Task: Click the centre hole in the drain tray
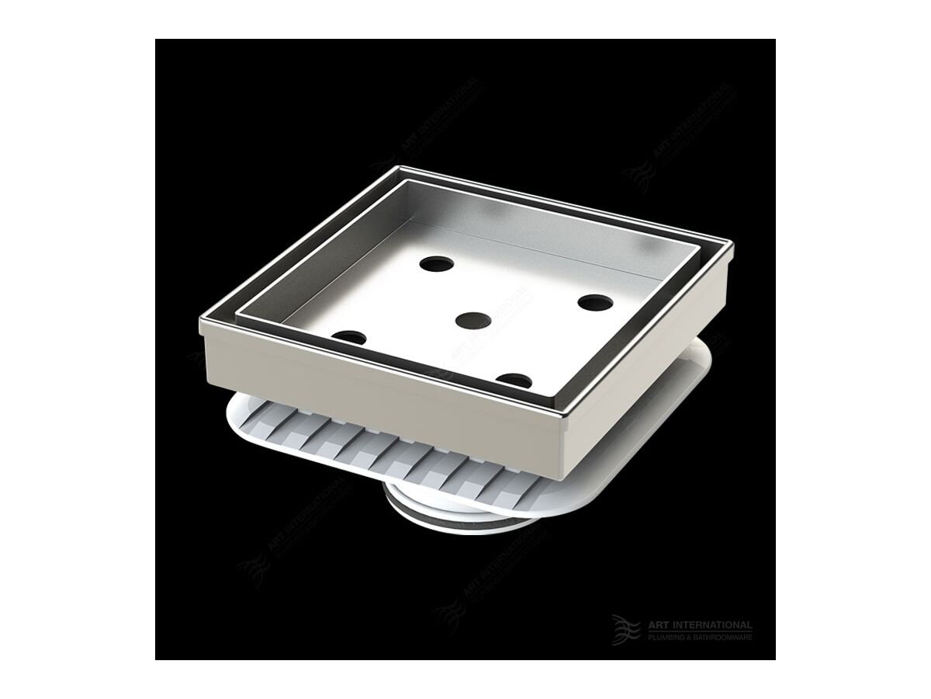click(x=472, y=319)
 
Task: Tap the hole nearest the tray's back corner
click(x=437, y=264)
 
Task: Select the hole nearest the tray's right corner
click(x=595, y=301)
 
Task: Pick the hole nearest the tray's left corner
click(x=349, y=338)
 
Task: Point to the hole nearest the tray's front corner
click(x=514, y=380)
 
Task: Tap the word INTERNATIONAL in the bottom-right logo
click(x=712, y=625)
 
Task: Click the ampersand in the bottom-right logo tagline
click(x=690, y=637)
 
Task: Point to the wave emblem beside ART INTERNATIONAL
click(x=625, y=629)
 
